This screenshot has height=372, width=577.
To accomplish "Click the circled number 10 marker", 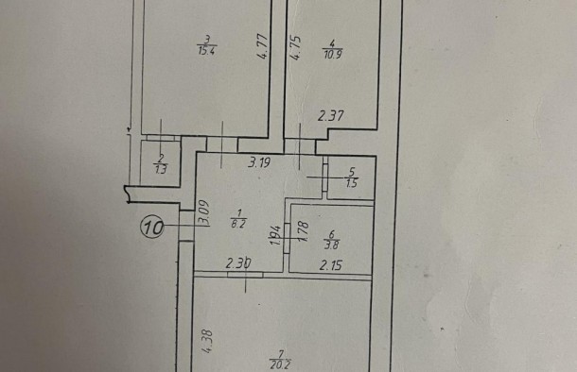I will (x=153, y=227).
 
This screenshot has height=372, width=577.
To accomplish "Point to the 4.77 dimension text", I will (x=264, y=46).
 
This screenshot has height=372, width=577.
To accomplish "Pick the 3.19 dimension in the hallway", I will (x=259, y=161).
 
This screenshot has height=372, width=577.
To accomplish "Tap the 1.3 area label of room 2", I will (x=161, y=171).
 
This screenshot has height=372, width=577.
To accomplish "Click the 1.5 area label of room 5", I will (x=353, y=182).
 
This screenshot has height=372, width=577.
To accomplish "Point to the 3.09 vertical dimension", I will (x=203, y=211).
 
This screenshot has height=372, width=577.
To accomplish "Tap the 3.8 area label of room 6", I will (x=332, y=243).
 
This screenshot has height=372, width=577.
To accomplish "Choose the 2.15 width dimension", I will (x=331, y=266).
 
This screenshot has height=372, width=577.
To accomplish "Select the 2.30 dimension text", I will (x=238, y=266).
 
